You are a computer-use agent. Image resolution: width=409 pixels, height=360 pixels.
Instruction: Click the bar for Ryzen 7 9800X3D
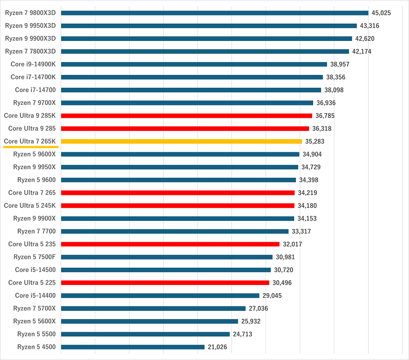(214, 13)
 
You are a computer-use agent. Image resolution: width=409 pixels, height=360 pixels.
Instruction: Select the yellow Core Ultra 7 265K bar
(181, 141)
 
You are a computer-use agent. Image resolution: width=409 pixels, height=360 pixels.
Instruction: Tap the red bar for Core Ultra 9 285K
(186, 115)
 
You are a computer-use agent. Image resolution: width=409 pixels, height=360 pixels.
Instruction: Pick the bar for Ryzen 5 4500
(133, 347)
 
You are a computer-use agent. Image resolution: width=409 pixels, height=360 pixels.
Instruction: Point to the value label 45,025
(381, 13)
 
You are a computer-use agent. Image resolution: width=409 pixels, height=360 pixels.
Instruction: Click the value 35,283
(314, 141)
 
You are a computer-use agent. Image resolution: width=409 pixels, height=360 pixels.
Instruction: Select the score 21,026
(217, 347)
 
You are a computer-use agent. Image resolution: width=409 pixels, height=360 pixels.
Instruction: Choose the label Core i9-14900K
(33, 64)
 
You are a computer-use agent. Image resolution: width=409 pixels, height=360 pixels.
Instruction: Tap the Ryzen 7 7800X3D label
(30, 51)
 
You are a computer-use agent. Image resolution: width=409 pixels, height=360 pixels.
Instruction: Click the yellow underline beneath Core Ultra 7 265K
(31, 147)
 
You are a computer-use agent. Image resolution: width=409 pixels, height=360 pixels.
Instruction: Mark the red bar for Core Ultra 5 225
(165, 283)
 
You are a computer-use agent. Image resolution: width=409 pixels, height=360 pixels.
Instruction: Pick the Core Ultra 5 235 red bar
(170, 244)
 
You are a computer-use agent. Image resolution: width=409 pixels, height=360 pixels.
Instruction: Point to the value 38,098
(334, 90)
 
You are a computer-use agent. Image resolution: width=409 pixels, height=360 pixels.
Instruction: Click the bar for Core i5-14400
(160, 295)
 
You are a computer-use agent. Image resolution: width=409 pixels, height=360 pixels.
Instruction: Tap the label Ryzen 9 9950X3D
(30, 25)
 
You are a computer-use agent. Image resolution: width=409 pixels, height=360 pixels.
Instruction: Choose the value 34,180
(307, 205)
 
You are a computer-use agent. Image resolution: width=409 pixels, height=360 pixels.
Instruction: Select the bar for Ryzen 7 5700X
(153, 308)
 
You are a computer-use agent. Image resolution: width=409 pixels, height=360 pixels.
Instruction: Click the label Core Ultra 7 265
(32, 193)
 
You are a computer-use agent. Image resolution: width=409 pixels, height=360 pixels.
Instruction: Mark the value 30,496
(282, 283)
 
